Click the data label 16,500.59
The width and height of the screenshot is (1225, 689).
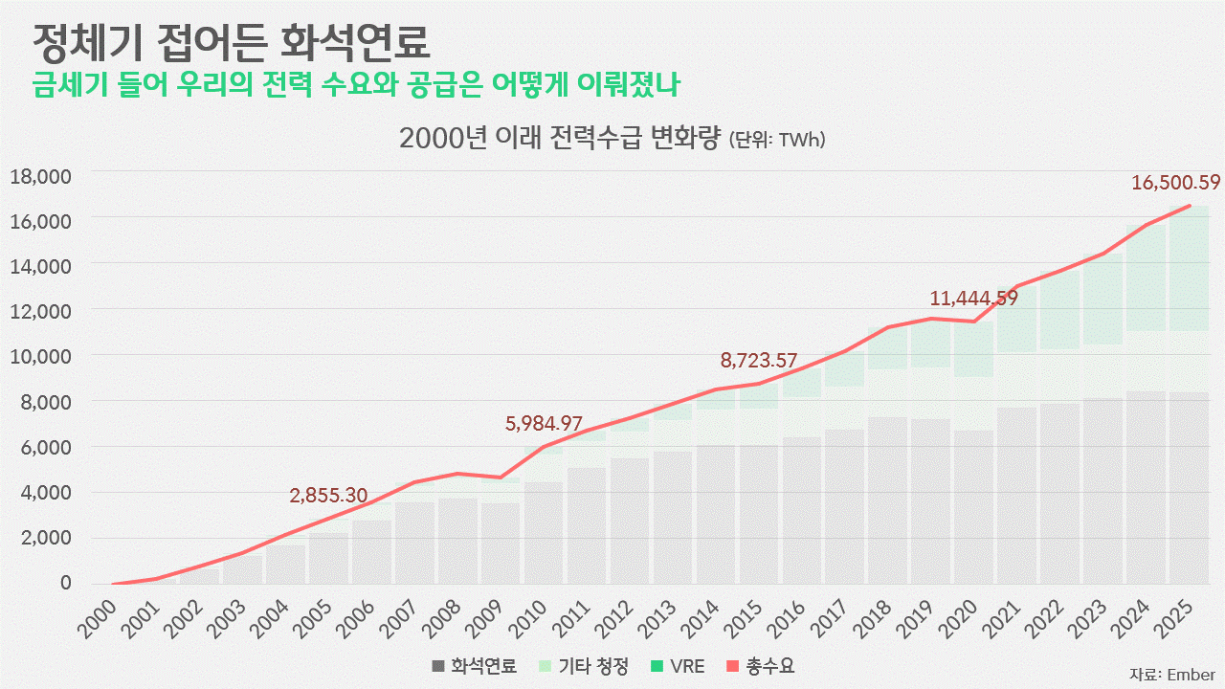(x=1176, y=182)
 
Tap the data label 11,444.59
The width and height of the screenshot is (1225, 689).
(x=974, y=299)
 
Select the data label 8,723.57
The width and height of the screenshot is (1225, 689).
(x=759, y=361)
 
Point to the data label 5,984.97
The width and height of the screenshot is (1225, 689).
(x=544, y=424)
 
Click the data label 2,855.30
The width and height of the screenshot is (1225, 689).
(x=328, y=496)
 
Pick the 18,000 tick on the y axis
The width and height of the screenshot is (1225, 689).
(x=41, y=177)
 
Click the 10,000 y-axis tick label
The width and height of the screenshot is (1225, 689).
(x=41, y=357)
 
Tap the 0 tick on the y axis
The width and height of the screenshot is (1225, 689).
(x=66, y=583)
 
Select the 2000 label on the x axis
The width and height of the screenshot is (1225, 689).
(x=98, y=619)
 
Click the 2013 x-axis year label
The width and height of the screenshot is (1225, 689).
(x=657, y=619)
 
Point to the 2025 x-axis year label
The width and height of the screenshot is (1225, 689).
(x=1173, y=619)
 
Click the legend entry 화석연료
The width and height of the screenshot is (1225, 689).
(x=474, y=666)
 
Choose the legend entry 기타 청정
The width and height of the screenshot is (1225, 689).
(x=583, y=666)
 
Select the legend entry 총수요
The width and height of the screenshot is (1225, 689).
(x=760, y=666)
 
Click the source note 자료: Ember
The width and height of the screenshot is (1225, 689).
(x=1172, y=675)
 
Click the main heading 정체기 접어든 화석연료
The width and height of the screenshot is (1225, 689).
(x=232, y=43)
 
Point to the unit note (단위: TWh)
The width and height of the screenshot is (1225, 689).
(x=777, y=140)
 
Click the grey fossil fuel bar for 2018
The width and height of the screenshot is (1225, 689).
(x=887, y=500)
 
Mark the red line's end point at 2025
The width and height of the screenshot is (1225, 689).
(x=1189, y=206)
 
